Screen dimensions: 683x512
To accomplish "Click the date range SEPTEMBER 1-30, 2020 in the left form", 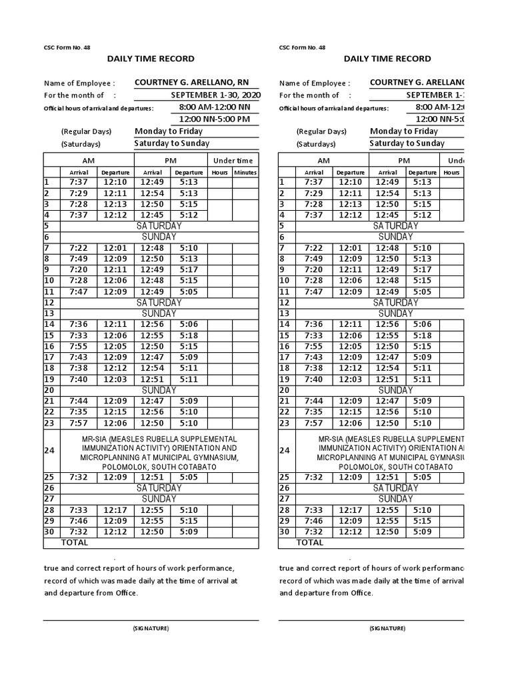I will coord(215,95).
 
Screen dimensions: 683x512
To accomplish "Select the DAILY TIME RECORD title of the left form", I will coord(151,59).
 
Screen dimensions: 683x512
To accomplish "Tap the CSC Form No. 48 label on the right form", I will coord(302,47).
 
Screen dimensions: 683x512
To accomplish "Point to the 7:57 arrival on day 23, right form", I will coord(315,423).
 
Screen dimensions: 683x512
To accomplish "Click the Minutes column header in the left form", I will coord(245,172).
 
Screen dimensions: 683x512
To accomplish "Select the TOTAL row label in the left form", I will coord(75,542).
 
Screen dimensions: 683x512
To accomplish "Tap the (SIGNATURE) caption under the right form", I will coord(387,628).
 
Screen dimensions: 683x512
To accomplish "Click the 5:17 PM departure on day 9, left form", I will coord(189,269).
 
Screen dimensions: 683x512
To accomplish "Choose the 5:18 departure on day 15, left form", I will coord(189,335).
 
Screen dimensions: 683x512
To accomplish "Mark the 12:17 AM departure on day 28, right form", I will coord(351,510).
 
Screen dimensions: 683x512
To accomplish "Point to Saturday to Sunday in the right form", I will coord(407,143).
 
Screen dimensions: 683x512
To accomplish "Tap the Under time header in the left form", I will coord(233,161).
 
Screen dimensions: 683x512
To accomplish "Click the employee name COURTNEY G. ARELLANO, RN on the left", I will coord(196,83).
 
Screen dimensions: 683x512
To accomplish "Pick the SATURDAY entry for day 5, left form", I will coord(159,226).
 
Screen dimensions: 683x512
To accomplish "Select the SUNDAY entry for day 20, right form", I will coord(395,390).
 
